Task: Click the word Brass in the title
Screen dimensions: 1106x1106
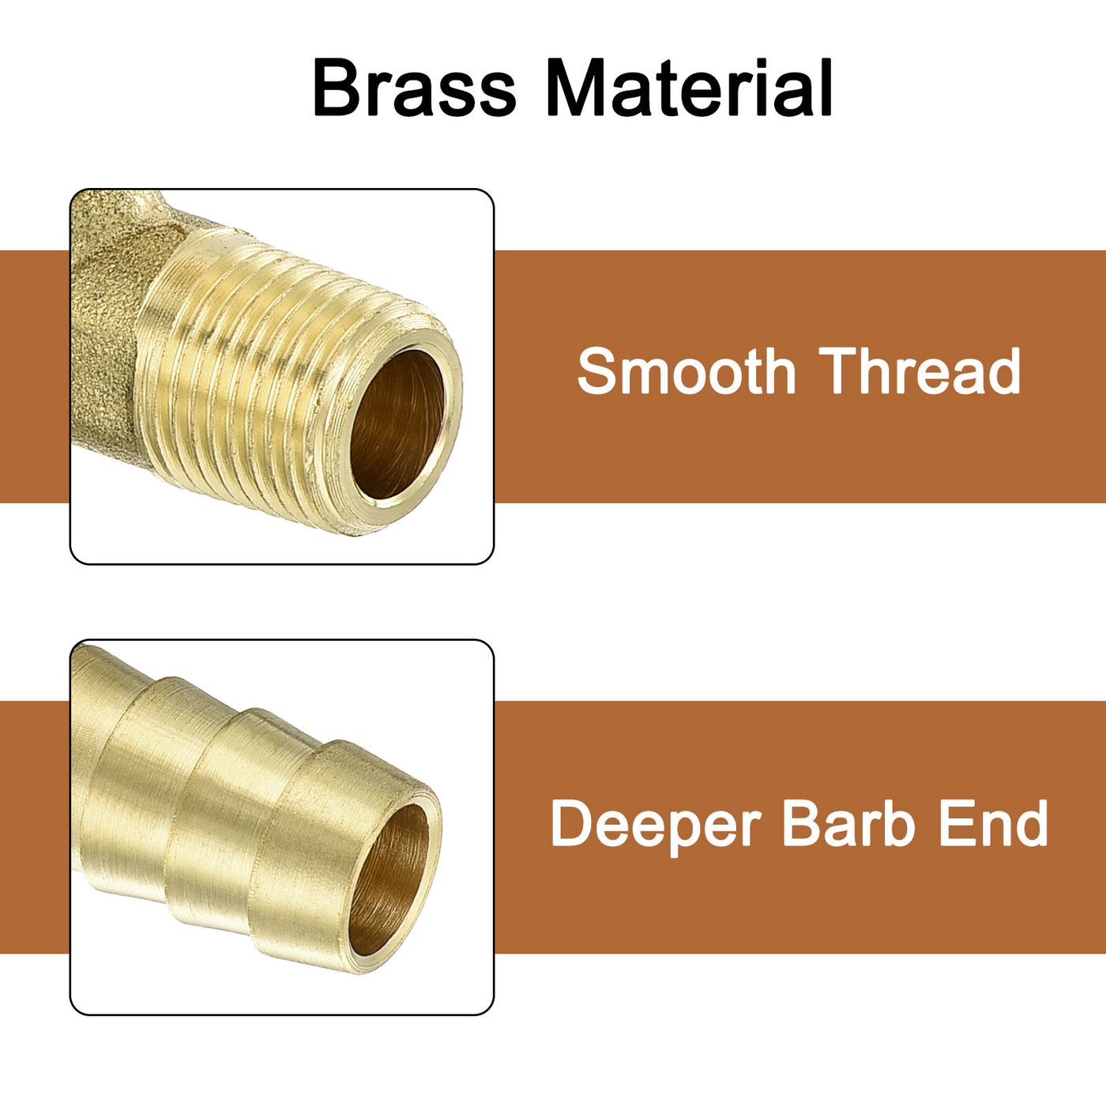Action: click(414, 87)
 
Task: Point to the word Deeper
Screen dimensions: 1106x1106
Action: click(656, 825)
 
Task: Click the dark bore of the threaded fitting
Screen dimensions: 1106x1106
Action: click(397, 424)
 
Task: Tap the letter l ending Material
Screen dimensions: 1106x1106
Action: click(825, 87)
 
